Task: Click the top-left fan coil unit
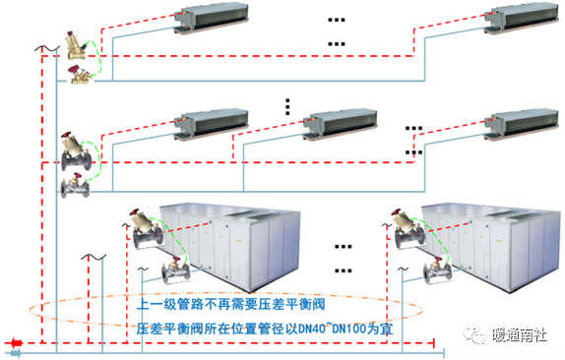click(212, 19)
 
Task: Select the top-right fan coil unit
click(522, 19)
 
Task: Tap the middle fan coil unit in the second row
click(341, 124)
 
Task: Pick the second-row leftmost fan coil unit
click(212, 124)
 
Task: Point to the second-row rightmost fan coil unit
click(522, 124)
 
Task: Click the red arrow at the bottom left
click(16, 342)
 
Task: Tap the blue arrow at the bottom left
click(16, 353)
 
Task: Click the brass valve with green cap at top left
click(76, 45)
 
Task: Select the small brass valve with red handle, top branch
click(80, 75)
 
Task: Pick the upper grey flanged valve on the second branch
click(76, 151)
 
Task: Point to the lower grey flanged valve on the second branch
click(75, 186)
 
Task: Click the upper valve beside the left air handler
click(146, 228)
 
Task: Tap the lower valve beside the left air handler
click(175, 270)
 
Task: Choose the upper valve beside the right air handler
click(408, 228)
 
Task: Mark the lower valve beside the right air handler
click(437, 270)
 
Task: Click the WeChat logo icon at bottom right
click(474, 335)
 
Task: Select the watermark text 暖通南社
click(520, 335)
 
